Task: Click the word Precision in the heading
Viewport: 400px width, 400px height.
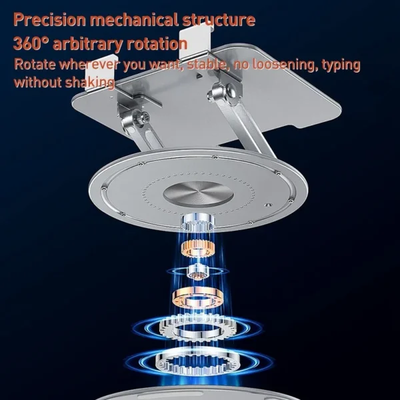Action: [x=49, y=19]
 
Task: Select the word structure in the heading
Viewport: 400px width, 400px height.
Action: [x=219, y=19]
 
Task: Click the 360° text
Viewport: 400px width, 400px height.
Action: [x=31, y=43]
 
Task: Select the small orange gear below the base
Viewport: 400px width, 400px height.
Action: [x=197, y=249]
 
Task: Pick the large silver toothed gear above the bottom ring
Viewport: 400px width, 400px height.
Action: [x=198, y=328]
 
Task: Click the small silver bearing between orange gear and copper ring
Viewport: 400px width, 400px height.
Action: [x=197, y=271]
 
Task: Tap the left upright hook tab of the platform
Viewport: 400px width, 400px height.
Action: [x=99, y=72]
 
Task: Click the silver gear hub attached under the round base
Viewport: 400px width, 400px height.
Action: [x=197, y=223]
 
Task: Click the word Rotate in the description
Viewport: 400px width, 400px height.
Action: [x=35, y=64]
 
